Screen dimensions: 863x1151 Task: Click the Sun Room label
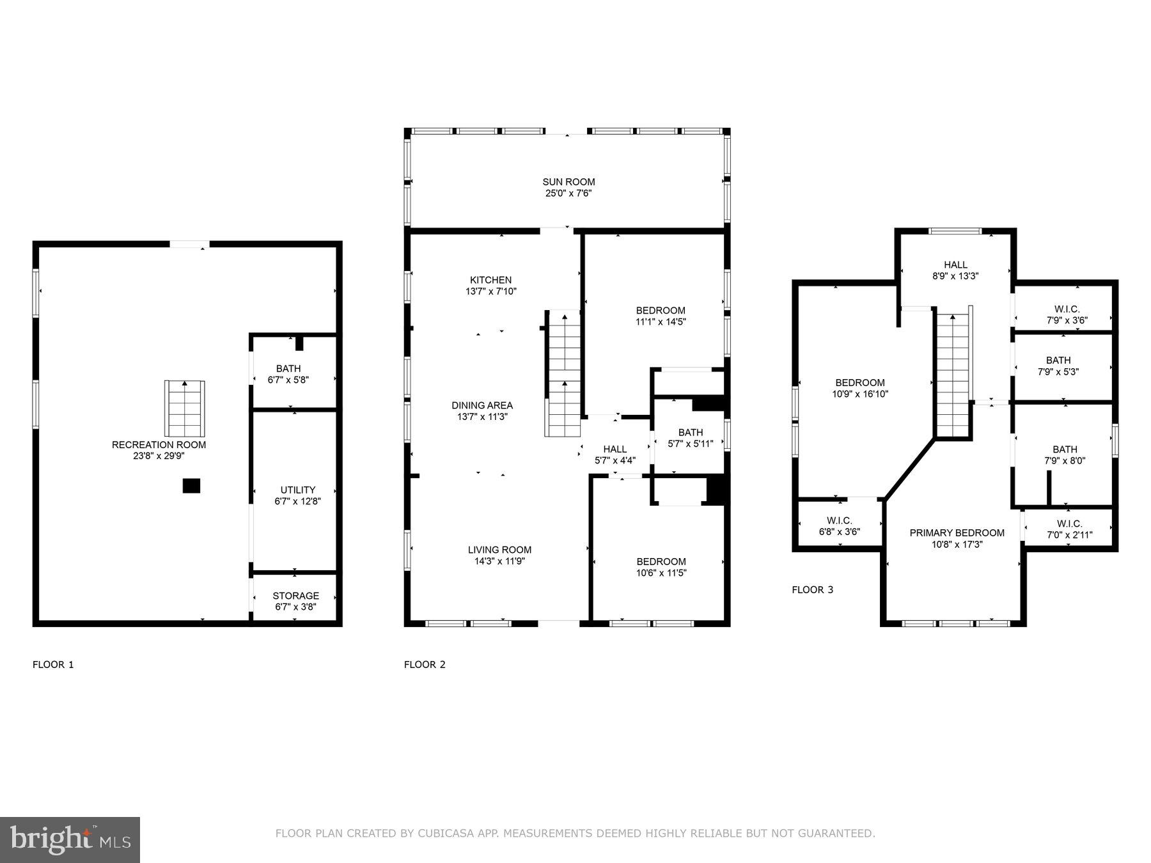(x=568, y=182)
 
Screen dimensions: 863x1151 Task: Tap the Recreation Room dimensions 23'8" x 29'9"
(x=159, y=456)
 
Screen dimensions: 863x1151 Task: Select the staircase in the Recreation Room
(x=185, y=409)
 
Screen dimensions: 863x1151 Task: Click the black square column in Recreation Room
(x=191, y=486)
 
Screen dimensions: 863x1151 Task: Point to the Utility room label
(x=297, y=490)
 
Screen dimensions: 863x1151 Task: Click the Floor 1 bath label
(x=288, y=369)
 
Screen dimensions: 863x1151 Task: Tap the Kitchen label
(x=490, y=280)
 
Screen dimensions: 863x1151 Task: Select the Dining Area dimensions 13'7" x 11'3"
(x=482, y=417)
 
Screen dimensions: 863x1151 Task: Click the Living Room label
(x=499, y=550)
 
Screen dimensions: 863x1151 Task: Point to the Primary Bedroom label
(x=957, y=533)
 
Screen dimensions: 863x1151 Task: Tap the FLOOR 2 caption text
(x=425, y=665)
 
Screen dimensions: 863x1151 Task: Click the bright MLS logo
(x=70, y=839)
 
